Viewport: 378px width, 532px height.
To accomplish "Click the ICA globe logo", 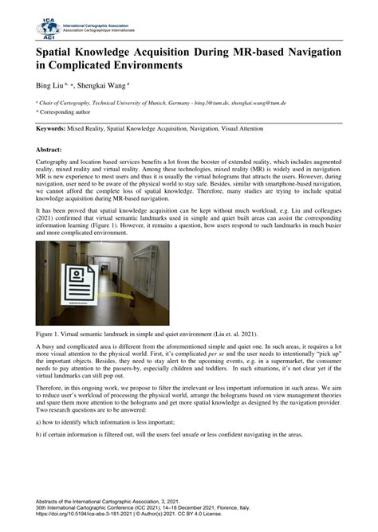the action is click(x=47, y=29).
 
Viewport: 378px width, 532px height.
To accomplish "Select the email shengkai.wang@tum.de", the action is click(x=255, y=103).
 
